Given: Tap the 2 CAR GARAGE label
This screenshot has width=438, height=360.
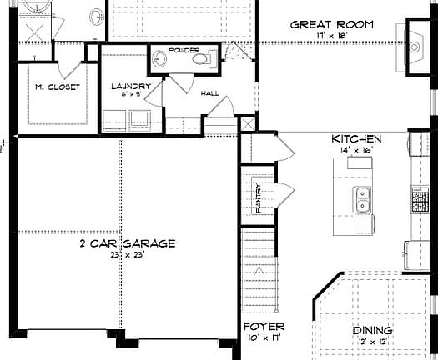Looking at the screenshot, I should (x=127, y=243).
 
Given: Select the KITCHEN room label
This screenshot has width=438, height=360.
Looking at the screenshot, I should (x=356, y=139).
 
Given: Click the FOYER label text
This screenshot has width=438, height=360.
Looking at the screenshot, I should (x=264, y=326).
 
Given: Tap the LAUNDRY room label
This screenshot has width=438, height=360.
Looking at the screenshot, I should (x=131, y=86).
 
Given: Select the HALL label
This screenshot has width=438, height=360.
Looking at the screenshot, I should (x=210, y=93).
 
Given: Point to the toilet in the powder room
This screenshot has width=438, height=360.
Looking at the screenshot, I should (x=212, y=58).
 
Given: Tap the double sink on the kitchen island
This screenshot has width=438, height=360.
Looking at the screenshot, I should (x=362, y=199).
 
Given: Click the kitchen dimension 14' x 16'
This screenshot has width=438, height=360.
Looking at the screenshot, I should (x=356, y=150).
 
